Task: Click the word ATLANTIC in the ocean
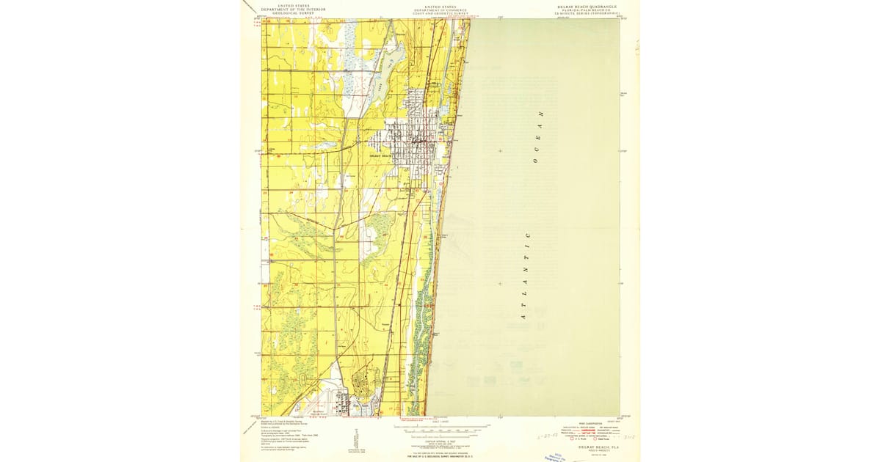pyautogui.click(x=525, y=275)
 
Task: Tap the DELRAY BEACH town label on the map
pyautogui.click(x=380, y=155)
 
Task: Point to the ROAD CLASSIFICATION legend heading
pyautogui.click(x=590, y=423)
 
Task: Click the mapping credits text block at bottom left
pyautogui.click(x=279, y=433)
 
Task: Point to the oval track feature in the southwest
pyautogui.click(x=303, y=379)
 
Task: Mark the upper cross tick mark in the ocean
pyautogui.click(x=500, y=150)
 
